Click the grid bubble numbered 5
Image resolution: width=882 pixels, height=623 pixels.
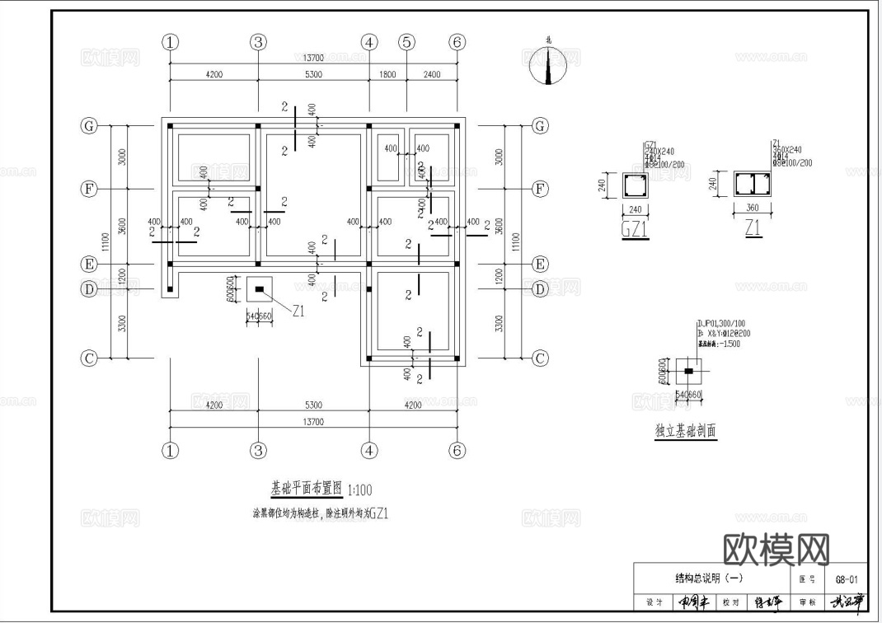tap(406, 42)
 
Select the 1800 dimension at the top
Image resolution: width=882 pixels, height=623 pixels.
tap(387, 75)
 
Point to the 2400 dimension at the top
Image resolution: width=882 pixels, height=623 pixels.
tap(432, 75)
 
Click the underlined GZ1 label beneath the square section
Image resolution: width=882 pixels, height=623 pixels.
tap(634, 230)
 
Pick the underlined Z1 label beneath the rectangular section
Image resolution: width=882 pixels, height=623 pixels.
tap(753, 230)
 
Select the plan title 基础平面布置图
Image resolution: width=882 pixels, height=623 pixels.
tap(306, 487)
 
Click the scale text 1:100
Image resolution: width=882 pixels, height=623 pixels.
tap(359, 489)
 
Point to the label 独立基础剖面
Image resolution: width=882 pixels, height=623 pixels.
tap(685, 430)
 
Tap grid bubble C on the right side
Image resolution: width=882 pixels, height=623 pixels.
tap(540, 358)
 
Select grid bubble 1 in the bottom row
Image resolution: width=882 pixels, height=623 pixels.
tap(170, 450)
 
